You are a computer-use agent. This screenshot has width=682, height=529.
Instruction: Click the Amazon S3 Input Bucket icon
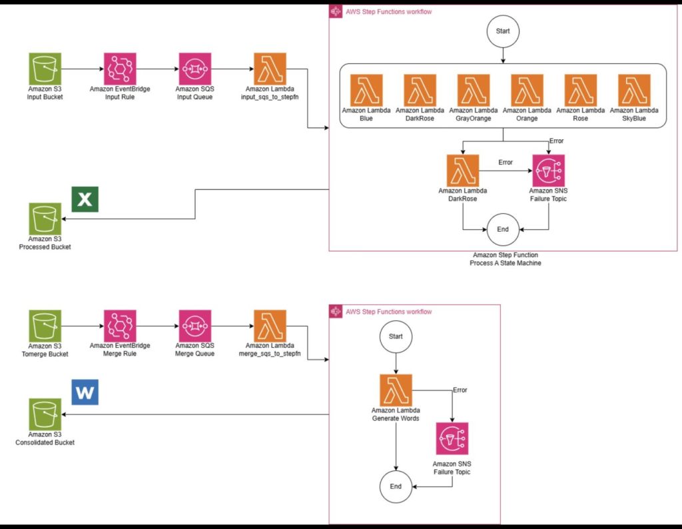(45, 69)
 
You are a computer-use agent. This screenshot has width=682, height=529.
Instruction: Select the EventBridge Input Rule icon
(120, 69)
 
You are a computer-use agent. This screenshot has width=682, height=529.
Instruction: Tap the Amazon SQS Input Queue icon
(195, 69)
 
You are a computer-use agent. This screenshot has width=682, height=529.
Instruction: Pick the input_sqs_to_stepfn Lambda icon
(270, 69)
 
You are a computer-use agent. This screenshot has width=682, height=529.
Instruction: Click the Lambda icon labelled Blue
(366, 90)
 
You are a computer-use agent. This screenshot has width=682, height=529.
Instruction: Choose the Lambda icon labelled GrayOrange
(474, 90)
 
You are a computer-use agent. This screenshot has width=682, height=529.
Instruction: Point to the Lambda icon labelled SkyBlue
(634, 90)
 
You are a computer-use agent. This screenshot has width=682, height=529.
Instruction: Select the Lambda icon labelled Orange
(527, 90)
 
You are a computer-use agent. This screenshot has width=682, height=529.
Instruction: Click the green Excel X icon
(85, 199)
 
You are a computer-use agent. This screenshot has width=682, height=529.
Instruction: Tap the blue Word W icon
(85, 392)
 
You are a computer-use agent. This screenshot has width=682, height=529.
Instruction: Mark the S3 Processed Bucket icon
(45, 219)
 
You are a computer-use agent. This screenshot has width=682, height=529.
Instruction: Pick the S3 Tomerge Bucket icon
(45, 326)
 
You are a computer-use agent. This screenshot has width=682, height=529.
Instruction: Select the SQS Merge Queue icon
(195, 326)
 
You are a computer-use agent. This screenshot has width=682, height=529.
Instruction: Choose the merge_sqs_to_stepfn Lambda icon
(270, 326)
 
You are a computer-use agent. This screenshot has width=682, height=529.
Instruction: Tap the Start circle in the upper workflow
(503, 31)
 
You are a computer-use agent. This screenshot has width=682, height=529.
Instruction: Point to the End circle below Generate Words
(396, 486)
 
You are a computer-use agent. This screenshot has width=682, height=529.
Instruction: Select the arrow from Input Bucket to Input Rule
(83, 69)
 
